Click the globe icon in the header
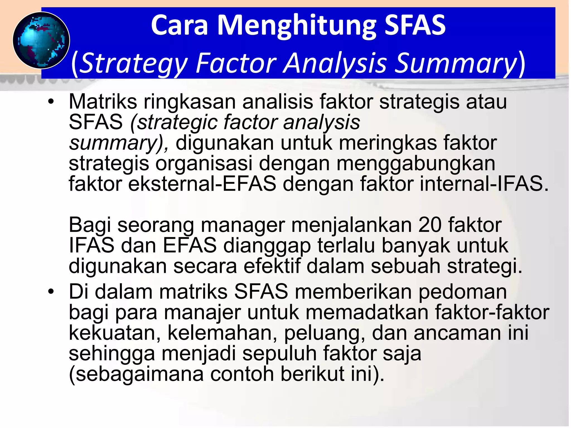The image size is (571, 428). pos(41,40)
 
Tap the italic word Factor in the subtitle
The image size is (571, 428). pos(236,63)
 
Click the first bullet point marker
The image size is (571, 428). pos(50,102)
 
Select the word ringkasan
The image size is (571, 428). pos(190,102)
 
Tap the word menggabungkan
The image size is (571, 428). pos(416,164)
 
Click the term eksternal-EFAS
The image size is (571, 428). pos(202,184)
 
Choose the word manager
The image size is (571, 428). pos(243,225)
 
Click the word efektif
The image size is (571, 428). pos(272,266)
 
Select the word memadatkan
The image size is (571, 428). pos(367,313)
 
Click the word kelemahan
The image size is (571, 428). pos(222,333)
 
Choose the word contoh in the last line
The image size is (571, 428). pos(242,374)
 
